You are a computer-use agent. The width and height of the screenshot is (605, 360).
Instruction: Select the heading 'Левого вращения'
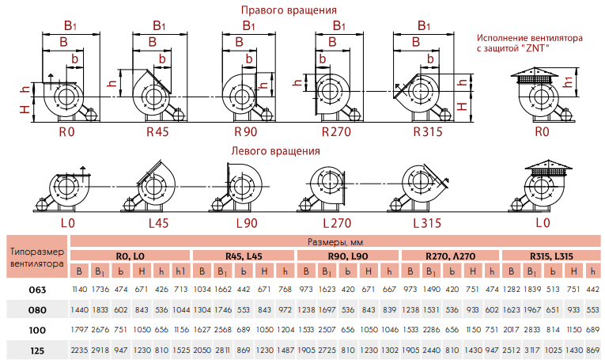tap(275, 150)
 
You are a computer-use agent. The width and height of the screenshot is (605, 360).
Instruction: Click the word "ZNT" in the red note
tap(537, 49)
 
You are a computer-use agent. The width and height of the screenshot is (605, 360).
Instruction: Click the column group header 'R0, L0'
tap(130, 256)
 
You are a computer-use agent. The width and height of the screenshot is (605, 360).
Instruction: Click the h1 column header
tap(180, 270)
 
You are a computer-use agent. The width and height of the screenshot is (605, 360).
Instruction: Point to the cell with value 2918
tap(100, 350)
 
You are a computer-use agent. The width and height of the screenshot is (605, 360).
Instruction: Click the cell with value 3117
tap(529, 350)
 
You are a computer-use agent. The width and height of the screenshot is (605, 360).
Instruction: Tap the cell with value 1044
tap(180, 309)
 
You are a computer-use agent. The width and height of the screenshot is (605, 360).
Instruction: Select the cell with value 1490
tap(433, 290)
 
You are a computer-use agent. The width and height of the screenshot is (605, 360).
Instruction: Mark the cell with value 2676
tap(100, 329)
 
